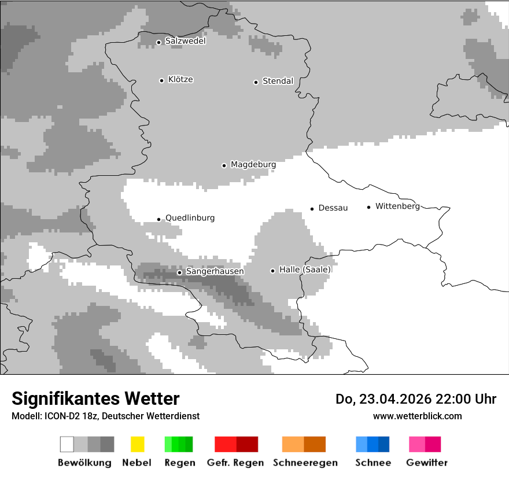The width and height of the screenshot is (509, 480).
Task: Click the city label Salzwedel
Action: (185, 41)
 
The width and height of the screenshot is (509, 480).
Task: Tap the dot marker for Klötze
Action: (161, 80)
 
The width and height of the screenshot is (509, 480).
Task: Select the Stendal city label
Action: (278, 82)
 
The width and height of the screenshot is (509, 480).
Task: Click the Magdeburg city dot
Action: (224, 165)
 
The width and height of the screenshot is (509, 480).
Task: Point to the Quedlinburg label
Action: (190, 218)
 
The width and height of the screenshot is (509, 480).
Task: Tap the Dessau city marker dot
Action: (312, 209)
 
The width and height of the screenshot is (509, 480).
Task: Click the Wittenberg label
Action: (397, 206)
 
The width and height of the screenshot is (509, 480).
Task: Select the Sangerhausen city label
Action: (215, 271)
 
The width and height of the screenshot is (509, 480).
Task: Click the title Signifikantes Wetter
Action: (95, 398)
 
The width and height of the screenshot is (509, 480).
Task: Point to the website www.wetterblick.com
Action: (417, 416)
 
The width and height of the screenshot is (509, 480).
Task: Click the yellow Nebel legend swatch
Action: (137, 444)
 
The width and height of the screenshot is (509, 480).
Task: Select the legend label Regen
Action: (179, 463)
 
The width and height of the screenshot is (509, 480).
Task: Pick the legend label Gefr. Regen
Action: (235, 463)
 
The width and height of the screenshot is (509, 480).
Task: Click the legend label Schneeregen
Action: (305, 463)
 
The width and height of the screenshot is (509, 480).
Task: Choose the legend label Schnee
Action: (372, 463)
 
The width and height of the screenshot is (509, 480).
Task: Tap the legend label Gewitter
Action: (426, 463)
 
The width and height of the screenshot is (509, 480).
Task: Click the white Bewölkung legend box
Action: (67, 444)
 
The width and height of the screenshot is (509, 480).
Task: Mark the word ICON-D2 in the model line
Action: (61, 416)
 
